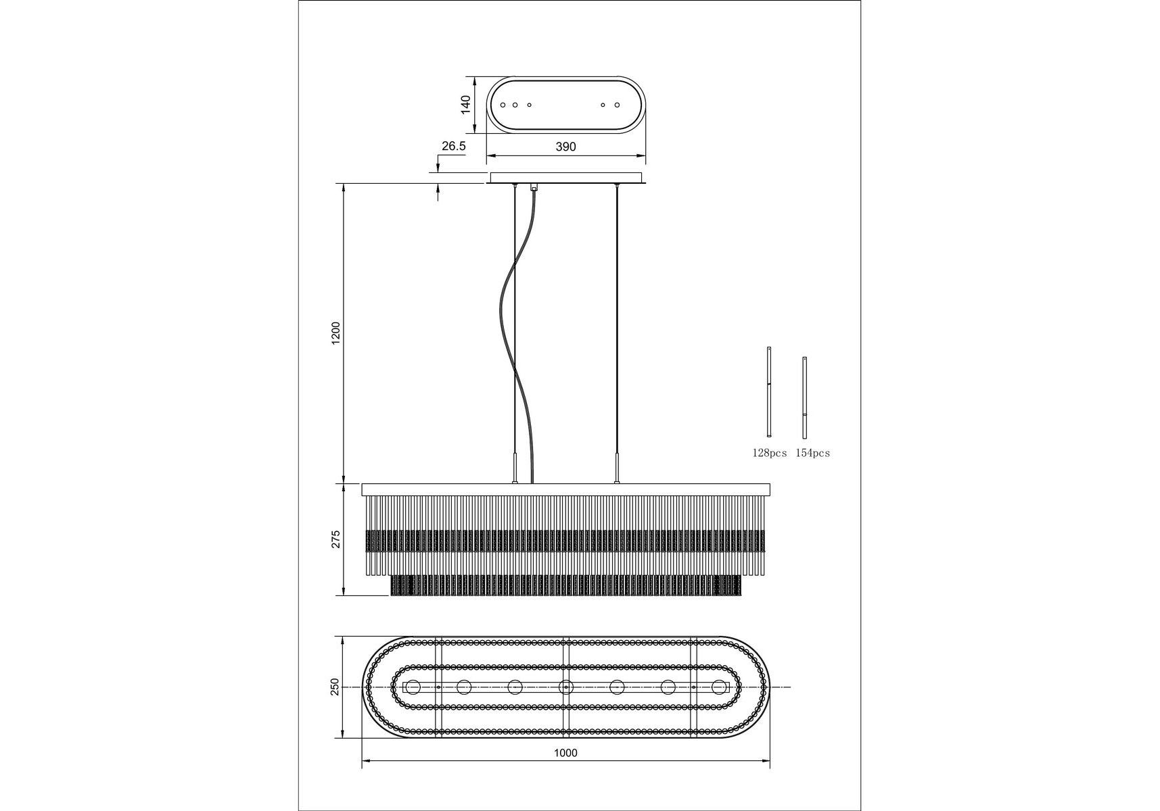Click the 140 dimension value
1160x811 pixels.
coord(465,105)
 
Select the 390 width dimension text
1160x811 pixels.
coord(565,147)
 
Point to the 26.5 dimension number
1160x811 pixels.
coord(453,145)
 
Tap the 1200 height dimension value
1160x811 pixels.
coord(336,334)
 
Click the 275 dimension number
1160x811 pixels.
coord(336,539)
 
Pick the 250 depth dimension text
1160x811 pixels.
coord(334,687)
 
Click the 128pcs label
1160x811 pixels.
coord(770,453)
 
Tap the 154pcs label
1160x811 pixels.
coord(812,453)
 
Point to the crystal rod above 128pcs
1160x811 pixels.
coord(769,391)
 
